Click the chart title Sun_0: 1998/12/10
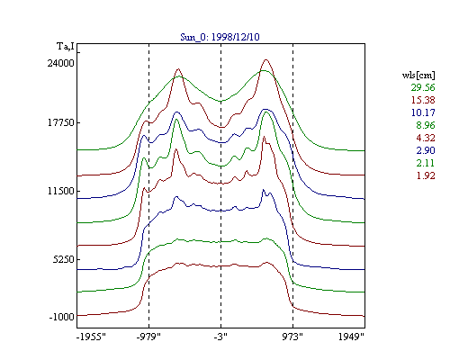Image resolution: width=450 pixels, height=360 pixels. click(x=220, y=37)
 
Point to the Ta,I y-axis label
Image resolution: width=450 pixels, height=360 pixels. click(x=66, y=47)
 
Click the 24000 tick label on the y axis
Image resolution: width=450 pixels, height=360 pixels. click(x=60, y=63)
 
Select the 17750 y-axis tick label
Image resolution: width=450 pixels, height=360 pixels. click(x=61, y=123)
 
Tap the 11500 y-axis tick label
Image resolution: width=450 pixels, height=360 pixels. click(x=61, y=191)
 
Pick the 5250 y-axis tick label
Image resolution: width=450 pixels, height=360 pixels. click(x=64, y=259)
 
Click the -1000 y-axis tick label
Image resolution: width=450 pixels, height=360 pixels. click(x=61, y=317)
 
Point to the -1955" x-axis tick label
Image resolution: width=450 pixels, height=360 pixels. click(x=91, y=337)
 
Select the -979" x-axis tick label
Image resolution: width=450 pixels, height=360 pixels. click(x=148, y=337)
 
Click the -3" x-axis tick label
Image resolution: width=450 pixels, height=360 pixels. click(x=220, y=337)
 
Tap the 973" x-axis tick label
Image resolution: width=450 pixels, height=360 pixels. click(x=292, y=337)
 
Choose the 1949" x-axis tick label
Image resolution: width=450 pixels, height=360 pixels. click(x=351, y=337)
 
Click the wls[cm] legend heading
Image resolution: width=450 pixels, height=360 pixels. click(x=418, y=75)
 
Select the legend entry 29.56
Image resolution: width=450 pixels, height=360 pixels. click(x=423, y=87)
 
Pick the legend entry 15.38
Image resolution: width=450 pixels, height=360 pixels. click(x=423, y=100)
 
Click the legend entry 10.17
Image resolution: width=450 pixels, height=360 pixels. click(x=423, y=112)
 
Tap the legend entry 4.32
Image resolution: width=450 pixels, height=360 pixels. click(x=426, y=138)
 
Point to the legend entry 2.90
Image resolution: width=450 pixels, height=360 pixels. click(x=426, y=150)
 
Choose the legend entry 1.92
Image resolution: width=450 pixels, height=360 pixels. click(x=426, y=175)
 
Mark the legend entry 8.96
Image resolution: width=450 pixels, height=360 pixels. click(x=426, y=125)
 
